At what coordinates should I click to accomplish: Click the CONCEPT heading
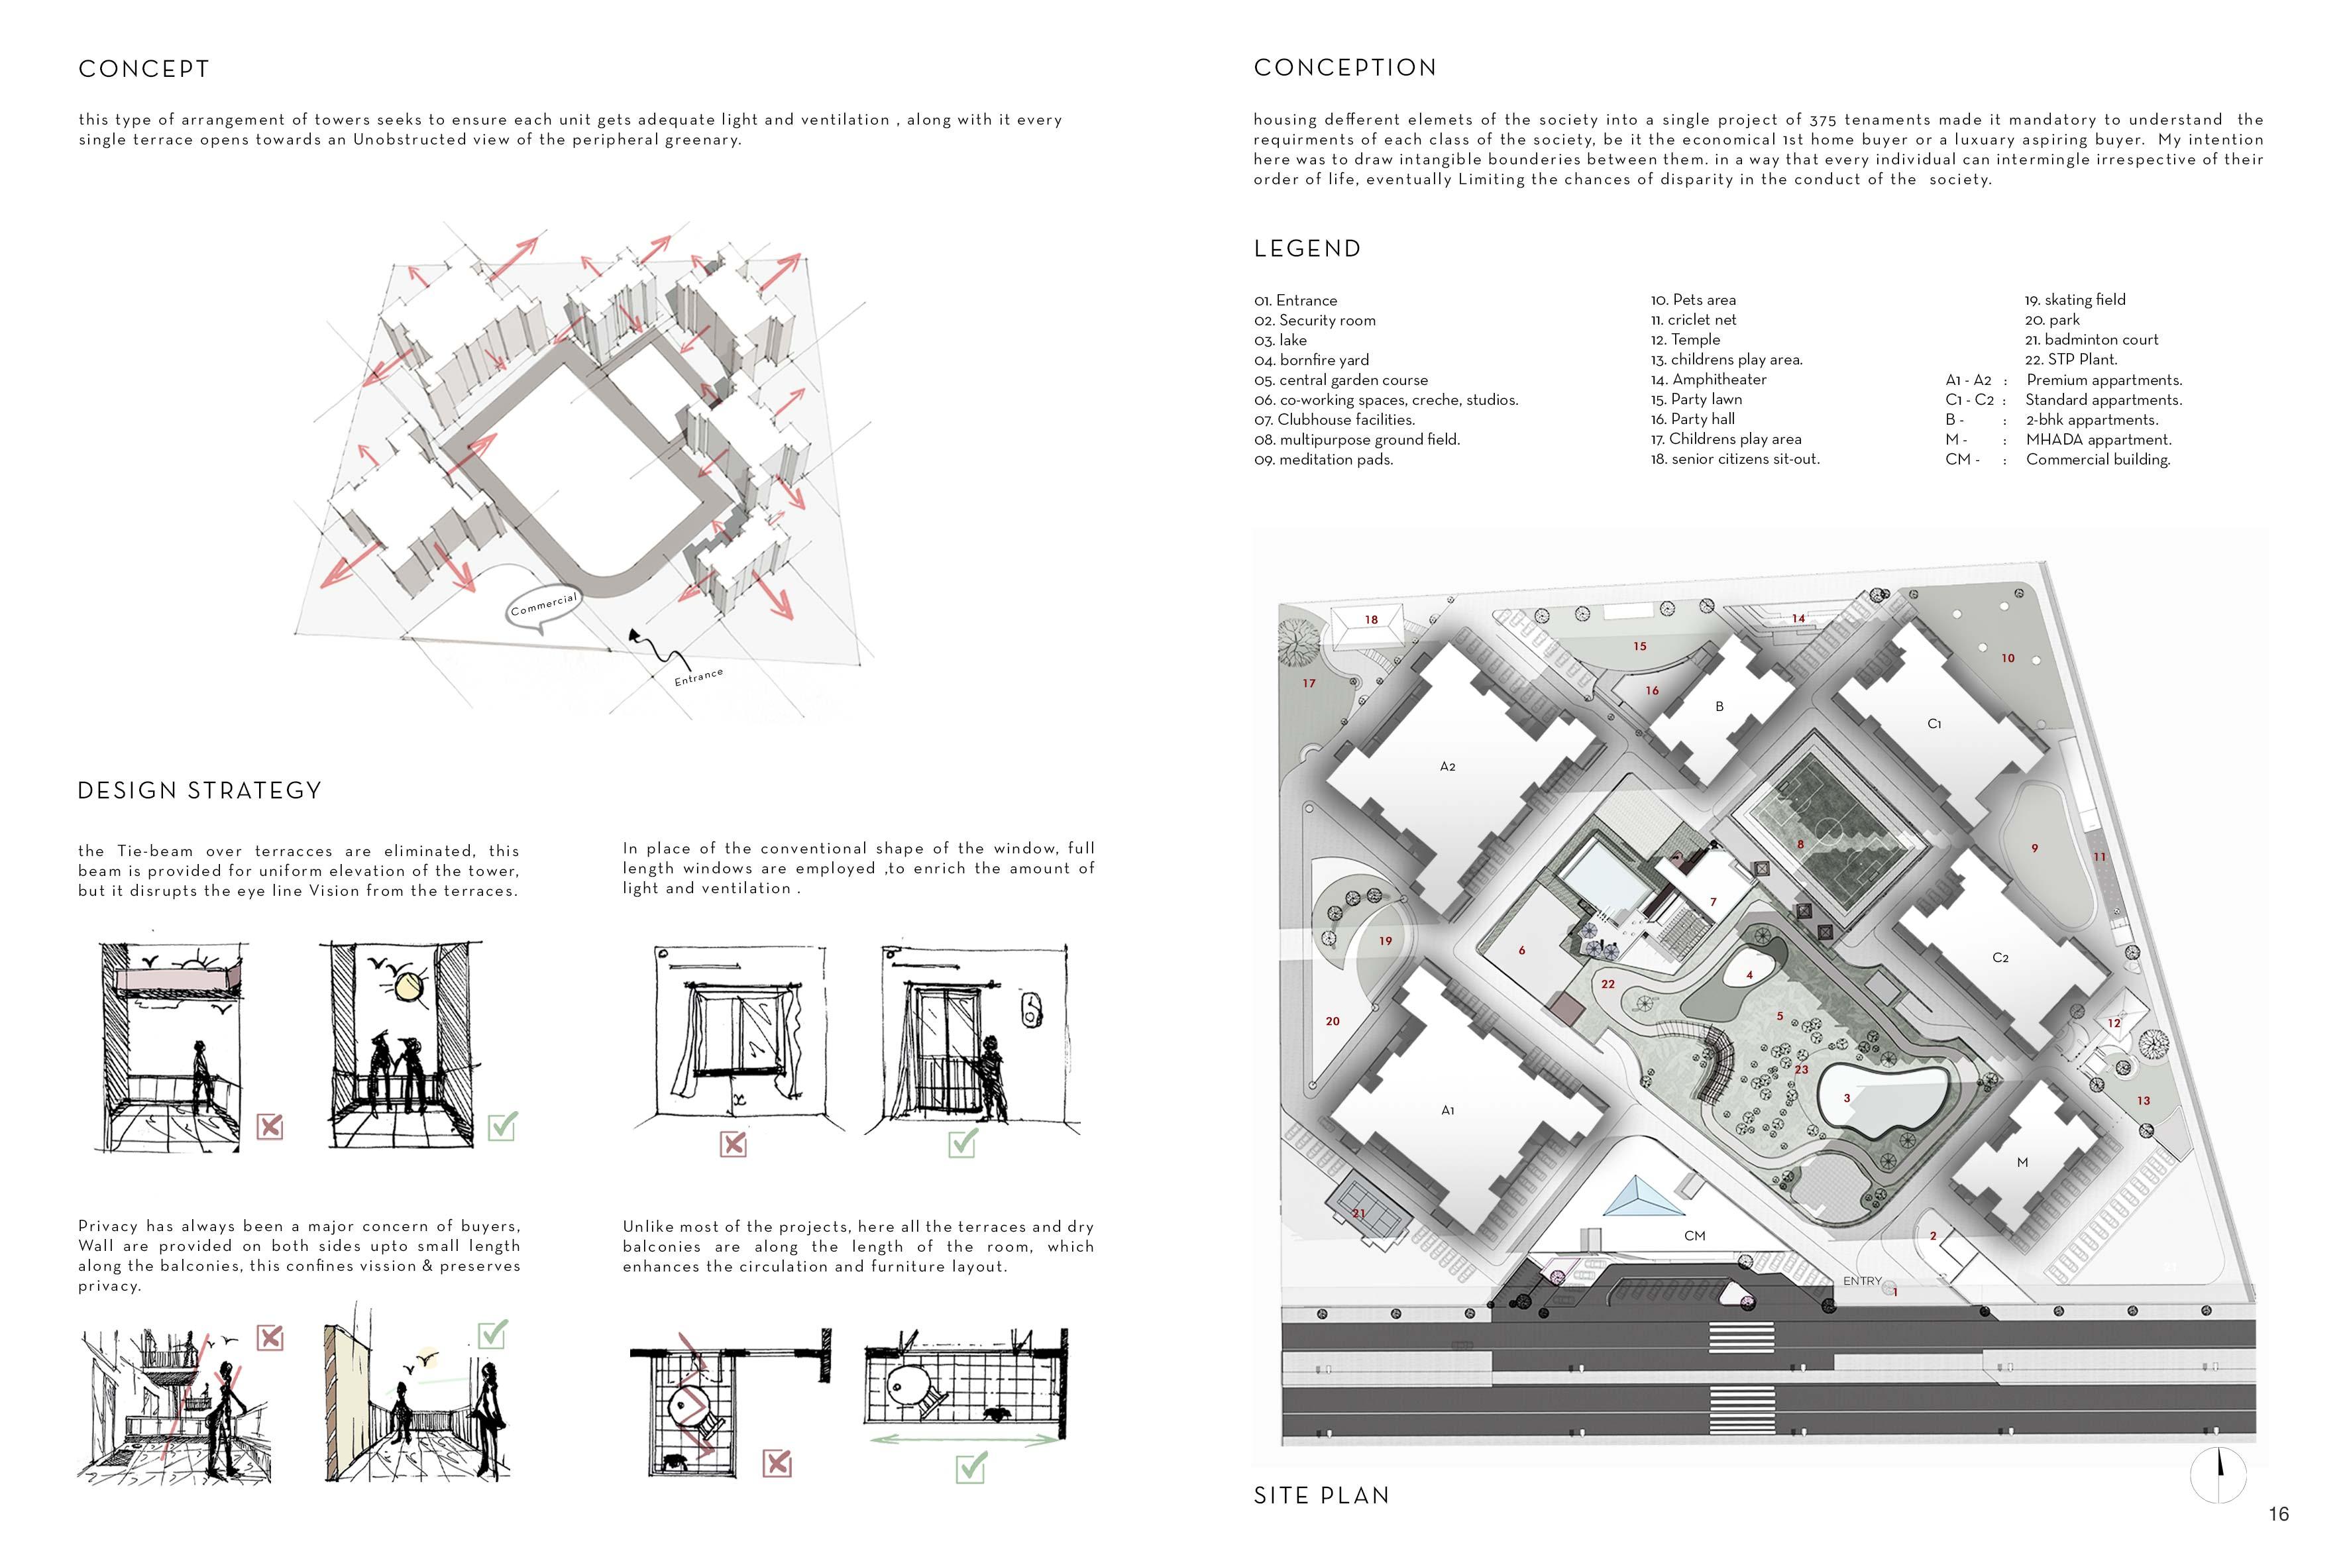click(x=144, y=69)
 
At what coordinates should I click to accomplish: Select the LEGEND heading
click(x=1307, y=248)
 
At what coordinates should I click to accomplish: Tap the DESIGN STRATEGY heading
click(x=199, y=790)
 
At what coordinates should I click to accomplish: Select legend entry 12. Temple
click(x=1686, y=339)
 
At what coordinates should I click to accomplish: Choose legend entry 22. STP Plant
click(x=2071, y=359)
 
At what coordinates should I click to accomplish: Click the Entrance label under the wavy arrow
click(x=698, y=676)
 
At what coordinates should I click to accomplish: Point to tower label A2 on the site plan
click(x=1447, y=767)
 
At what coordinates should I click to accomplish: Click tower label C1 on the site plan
click(x=1934, y=724)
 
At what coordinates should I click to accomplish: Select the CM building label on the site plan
click(x=1694, y=1236)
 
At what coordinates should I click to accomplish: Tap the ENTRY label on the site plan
click(x=1861, y=1281)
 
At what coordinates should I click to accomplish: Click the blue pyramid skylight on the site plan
click(x=1637, y=1198)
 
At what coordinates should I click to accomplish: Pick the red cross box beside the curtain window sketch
click(x=734, y=1144)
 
